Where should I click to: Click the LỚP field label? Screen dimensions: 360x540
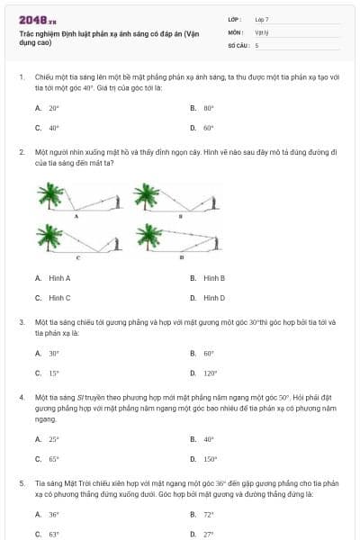click(234, 19)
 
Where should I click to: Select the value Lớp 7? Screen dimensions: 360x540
click(262, 19)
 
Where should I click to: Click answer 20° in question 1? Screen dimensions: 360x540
click(54, 107)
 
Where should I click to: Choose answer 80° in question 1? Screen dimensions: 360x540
click(208, 107)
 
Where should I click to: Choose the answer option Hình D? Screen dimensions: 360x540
click(213, 297)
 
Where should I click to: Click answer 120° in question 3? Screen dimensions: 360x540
click(211, 373)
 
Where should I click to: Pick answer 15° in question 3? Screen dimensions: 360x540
click(54, 373)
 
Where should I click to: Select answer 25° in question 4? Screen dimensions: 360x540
click(54, 439)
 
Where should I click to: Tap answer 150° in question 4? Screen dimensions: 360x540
click(211, 458)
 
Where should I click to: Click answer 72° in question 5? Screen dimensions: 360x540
click(208, 514)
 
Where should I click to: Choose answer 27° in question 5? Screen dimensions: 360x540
click(208, 534)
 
